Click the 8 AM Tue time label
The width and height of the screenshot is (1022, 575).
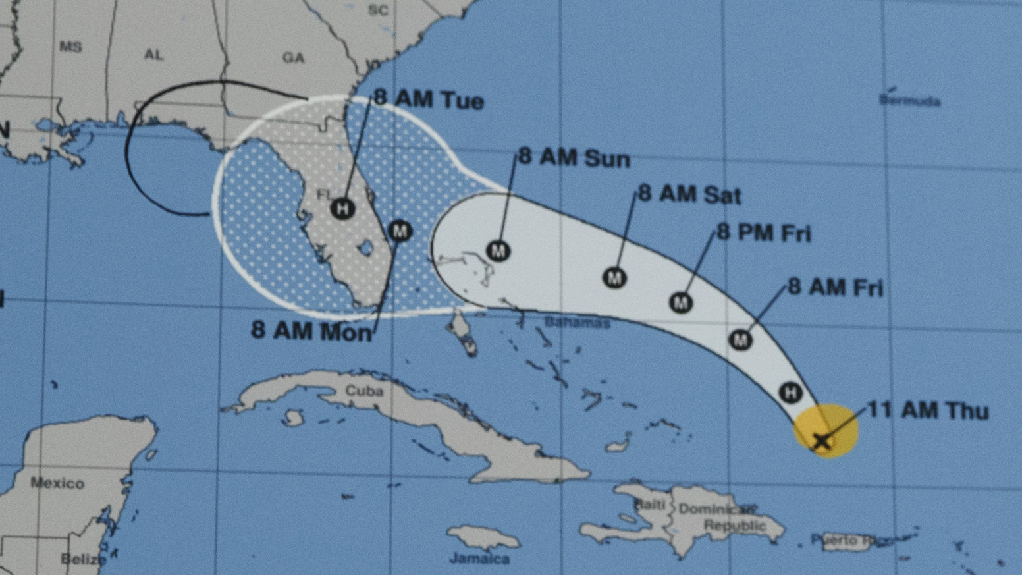(x=429, y=99)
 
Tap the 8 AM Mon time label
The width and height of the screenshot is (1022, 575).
(x=311, y=330)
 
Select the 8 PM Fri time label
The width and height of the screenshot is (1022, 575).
(x=763, y=233)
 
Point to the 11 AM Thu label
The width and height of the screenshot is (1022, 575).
(x=928, y=410)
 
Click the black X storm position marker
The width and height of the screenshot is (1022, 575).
(x=822, y=439)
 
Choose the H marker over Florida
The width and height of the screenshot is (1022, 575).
(x=342, y=209)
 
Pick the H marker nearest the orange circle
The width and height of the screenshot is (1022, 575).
(x=790, y=393)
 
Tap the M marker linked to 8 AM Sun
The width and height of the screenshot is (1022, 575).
(x=498, y=250)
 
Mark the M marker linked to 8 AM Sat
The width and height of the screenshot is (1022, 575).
(x=614, y=277)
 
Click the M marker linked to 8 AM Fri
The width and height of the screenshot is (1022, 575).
(x=741, y=340)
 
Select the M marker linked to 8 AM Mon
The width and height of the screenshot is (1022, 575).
(x=400, y=231)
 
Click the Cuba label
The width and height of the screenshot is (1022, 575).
(x=364, y=391)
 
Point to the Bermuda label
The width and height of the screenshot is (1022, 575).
(x=910, y=101)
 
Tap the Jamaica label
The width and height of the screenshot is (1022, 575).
(x=479, y=559)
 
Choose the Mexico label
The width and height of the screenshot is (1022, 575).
(x=57, y=483)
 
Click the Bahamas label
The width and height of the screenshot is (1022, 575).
(x=577, y=323)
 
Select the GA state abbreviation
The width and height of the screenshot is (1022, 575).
(x=293, y=58)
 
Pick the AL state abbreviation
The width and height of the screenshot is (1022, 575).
(x=153, y=55)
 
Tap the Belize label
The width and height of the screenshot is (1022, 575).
(x=82, y=559)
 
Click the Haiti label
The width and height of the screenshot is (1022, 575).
(x=649, y=505)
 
